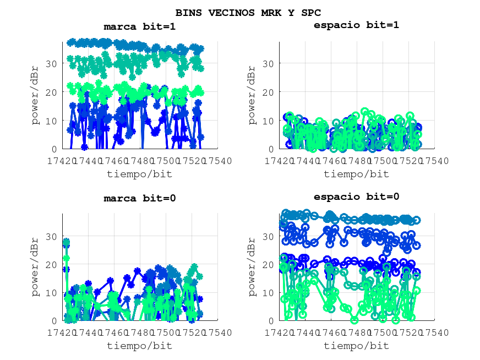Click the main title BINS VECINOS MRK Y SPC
[248, 12]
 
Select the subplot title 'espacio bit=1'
[356, 25]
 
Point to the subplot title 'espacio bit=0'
[356, 197]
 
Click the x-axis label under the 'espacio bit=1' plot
[356, 174]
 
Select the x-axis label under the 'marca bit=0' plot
[139, 346]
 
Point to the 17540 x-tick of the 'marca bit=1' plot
[217, 161]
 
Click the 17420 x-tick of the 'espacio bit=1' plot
[280, 161]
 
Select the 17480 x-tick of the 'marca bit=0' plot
[140, 332]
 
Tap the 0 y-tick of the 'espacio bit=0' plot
[271, 320]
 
